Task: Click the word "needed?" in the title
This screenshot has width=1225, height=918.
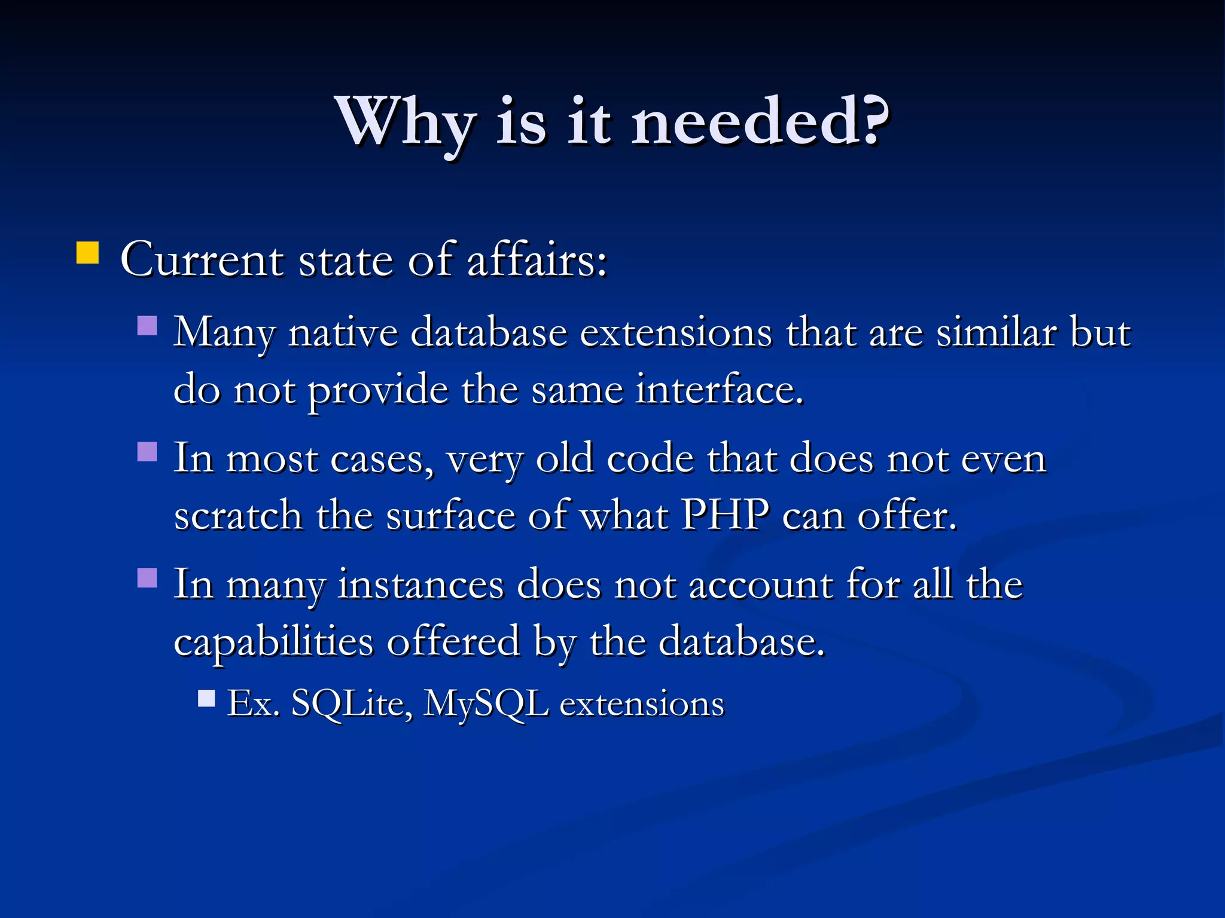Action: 760,122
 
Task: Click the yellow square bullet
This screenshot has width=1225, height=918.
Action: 87,253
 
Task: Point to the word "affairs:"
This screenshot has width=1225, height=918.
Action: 537,260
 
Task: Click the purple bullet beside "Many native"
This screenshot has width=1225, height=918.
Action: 147,326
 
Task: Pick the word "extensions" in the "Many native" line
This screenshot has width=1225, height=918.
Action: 676,332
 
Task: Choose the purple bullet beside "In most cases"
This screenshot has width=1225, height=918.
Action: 147,452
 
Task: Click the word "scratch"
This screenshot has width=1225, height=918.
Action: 238,515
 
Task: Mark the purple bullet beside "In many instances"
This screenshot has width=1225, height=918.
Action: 147,578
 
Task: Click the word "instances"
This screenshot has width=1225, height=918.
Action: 420,585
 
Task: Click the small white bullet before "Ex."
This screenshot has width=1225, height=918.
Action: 206,698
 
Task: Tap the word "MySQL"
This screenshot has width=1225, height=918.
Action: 486,704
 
